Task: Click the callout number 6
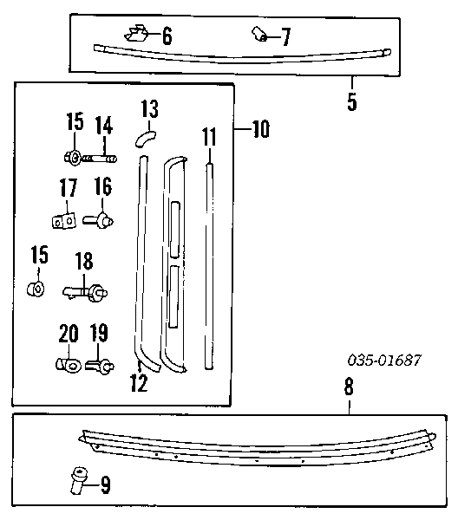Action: tap(167, 36)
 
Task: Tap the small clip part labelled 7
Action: tap(259, 34)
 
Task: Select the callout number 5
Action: tap(352, 101)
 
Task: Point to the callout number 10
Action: tap(261, 128)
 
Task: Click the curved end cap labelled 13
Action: tap(146, 139)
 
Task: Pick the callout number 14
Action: tap(104, 125)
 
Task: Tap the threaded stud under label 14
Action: tap(99, 159)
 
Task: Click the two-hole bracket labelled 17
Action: tap(63, 221)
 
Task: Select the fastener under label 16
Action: tap(98, 220)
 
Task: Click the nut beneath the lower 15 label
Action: tap(36, 289)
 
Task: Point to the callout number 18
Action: tap(84, 261)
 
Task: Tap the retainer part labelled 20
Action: tap(69, 365)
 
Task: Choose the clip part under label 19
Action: tap(100, 366)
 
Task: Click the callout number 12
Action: tap(139, 383)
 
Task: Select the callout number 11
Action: tap(209, 137)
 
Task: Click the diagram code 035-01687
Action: tap(384, 360)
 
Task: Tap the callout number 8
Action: tap(349, 387)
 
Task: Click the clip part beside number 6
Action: tap(137, 34)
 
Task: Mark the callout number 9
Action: tap(105, 484)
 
